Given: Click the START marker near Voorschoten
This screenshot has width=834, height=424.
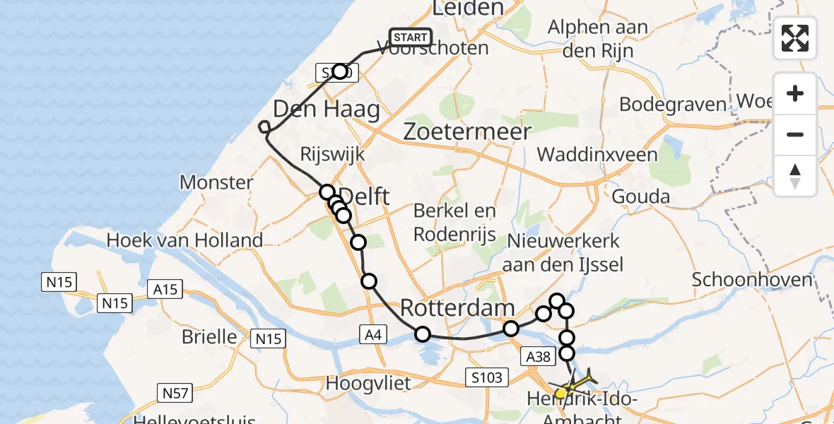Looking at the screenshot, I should click(x=410, y=37).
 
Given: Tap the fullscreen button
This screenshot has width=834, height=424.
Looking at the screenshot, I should click(x=795, y=37).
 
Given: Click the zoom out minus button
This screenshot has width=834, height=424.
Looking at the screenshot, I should click(x=795, y=134).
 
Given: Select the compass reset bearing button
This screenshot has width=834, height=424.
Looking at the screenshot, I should click(x=795, y=175).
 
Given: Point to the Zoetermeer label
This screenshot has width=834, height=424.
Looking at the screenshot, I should click(x=466, y=131).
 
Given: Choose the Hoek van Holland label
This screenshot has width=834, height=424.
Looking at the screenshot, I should click(x=184, y=240).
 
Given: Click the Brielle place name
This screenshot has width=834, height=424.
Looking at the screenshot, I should click(x=208, y=336).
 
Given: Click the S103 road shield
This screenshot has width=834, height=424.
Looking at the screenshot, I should click(x=488, y=377).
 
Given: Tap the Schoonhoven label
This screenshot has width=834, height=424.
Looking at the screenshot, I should click(x=751, y=279).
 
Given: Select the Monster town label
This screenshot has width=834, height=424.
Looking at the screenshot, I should click(x=216, y=182).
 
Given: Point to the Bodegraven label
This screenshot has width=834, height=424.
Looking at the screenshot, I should click(x=673, y=105).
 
